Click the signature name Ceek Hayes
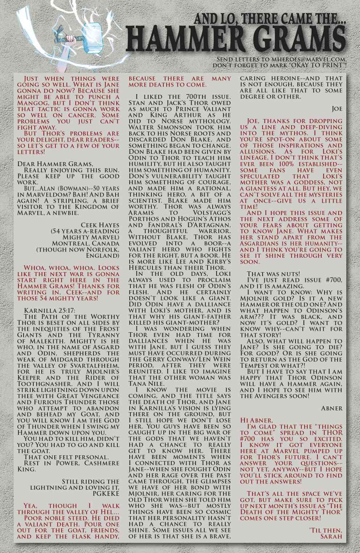pyautogui.click(x=100, y=225)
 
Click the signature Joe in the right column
pyautogui.click(x=337, y=109)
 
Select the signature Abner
pyautogui.click(x=331, y=408)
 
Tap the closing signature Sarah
pyautogui.click(x=331, y=536)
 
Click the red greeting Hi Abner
pyautogui.click(x=256, y=420)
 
